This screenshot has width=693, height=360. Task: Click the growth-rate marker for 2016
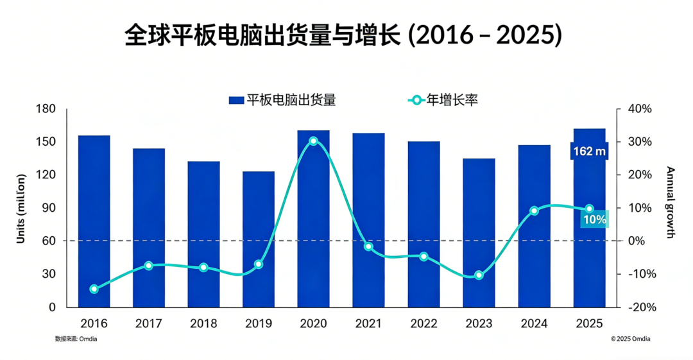point(94,289)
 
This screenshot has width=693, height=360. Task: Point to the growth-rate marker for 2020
point(313,141)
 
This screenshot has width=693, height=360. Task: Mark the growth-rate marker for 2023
point(478,275)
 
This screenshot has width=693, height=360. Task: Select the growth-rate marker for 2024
point(534,210)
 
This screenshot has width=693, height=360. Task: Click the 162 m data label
point(589,151)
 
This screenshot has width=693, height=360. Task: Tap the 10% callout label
point(594,219)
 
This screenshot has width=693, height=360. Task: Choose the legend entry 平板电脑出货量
point(282,99)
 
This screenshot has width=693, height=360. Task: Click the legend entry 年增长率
point(443,99)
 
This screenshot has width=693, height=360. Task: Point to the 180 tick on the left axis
point(46,109)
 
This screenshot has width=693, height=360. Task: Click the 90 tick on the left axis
point(49,208)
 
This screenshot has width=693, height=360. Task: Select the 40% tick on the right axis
point(639,109)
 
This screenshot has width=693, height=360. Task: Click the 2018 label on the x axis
point(203,323)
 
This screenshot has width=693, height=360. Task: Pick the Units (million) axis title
point(21,208)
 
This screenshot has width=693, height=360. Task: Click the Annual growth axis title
point(671,202)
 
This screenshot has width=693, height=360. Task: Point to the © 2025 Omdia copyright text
point(629,339)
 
